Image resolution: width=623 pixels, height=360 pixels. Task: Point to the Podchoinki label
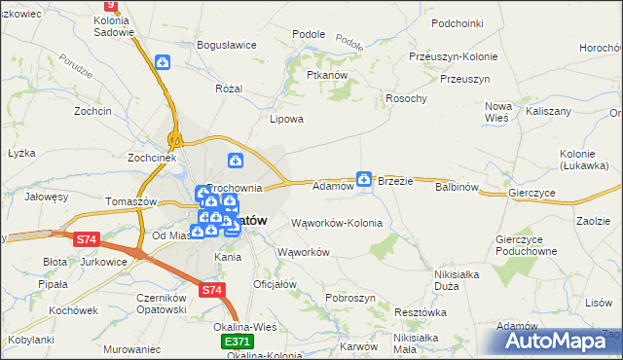(458, 22)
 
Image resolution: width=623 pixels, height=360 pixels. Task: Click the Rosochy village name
(406, 98)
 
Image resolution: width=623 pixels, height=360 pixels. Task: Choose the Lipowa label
(287, 120)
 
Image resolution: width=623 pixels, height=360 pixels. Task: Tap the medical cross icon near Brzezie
(364, 178)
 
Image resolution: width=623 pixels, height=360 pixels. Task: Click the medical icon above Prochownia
(235, 161)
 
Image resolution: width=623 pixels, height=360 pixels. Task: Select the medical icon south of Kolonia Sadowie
(163, 63)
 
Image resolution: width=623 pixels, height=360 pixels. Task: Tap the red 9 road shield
(110, 6)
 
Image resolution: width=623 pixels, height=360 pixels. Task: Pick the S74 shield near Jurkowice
(88, 238)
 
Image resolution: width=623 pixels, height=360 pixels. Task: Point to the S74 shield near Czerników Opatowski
(211, 290)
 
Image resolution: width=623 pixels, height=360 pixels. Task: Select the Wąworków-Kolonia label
(337, 223)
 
